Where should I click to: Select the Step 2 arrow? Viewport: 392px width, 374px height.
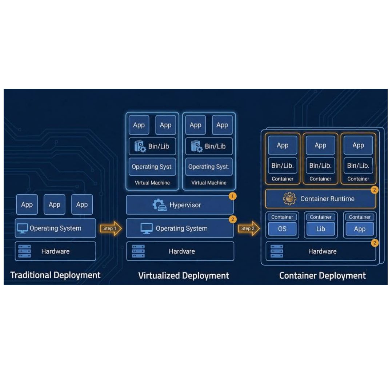pyautogui.click(x=249, y=228)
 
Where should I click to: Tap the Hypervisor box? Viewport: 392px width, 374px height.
pyautogui.click(x=180, y=205)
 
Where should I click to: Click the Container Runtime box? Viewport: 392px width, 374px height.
pyautogui.click(x=320, y=199)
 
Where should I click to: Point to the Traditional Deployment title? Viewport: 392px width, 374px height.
pyautogui.click(x=55, y=275)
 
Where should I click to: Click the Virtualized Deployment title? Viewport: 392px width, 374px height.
pyautogui.click(x=184, y=276)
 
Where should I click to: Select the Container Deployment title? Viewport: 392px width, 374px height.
pyautogui.click(x=322, y=276)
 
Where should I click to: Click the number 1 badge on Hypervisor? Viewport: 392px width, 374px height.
pyautogui.click(x=232, y=196)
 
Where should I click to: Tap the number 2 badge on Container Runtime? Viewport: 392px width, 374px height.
pyautogui.click(x=375, y=190)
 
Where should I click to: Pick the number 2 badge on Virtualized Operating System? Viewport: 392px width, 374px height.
pyautogui.click(x=232, y=219)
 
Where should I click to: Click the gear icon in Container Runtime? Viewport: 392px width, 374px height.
pyautogui.click(x=289, y=199)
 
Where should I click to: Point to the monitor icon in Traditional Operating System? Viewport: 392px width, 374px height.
pyautogui.click(x=22, y=228)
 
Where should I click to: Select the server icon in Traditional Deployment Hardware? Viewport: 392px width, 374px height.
pyautogui.click(x=25, y=251)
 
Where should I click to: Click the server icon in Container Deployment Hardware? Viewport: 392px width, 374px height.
pyautogui.click(x=277, y=251)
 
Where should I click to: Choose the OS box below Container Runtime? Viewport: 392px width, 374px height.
pyautogui.click(x=282, y=228)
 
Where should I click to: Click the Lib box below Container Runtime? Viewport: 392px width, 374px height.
pyautogui.click(x=320, y=228)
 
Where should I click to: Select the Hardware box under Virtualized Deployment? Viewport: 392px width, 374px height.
pyautogui.click(x=180, y=251)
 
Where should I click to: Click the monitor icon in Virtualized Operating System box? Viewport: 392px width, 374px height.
pyautogui.click(x=147, y=228)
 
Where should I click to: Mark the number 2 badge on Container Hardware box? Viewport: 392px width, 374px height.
pyautogui.click(x=375, y=243)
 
